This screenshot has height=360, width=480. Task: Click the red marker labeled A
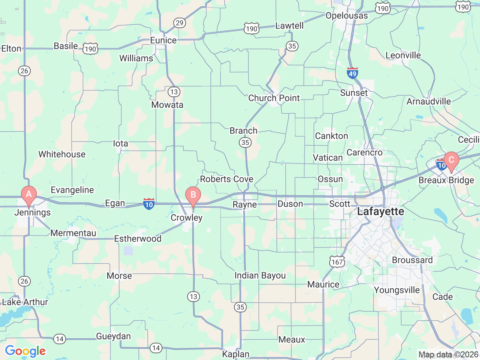pos(29,195)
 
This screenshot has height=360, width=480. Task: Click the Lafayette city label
pos(381,211)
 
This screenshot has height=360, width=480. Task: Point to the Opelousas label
pos(346,16)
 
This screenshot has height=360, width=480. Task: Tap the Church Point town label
pos(274,98)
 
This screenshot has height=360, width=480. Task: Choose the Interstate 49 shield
pos(352,73)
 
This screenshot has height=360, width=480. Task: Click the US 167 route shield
pos(337,262)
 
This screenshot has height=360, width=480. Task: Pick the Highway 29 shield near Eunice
pos(180,23)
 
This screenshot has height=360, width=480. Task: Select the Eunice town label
pos(163,40)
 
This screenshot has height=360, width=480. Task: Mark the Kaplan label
pos(235,354)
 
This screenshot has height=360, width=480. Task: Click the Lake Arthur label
pos(25,302)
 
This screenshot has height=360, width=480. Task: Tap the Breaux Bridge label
pos(446,180)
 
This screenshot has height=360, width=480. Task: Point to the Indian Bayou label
pos(260,276)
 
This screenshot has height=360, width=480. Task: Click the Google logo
pos(25,351)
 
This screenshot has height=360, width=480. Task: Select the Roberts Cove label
pos(226,179)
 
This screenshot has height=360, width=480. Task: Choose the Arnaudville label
pos(429,101)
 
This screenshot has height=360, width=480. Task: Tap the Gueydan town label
pos(113,336)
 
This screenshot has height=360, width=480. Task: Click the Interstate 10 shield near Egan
pos(149,204)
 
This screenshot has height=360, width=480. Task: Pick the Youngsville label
pos(397,290)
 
